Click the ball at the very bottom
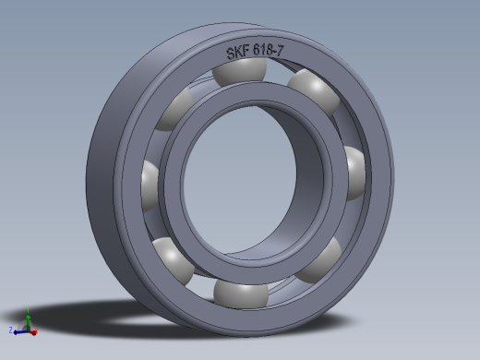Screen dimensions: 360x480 pos(240,294)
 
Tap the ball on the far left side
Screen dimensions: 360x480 pos(149,182)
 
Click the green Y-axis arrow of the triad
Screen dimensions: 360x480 pos(29,318)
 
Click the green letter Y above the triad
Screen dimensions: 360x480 pos(29,312)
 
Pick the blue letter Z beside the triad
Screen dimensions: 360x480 pos(10,330)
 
